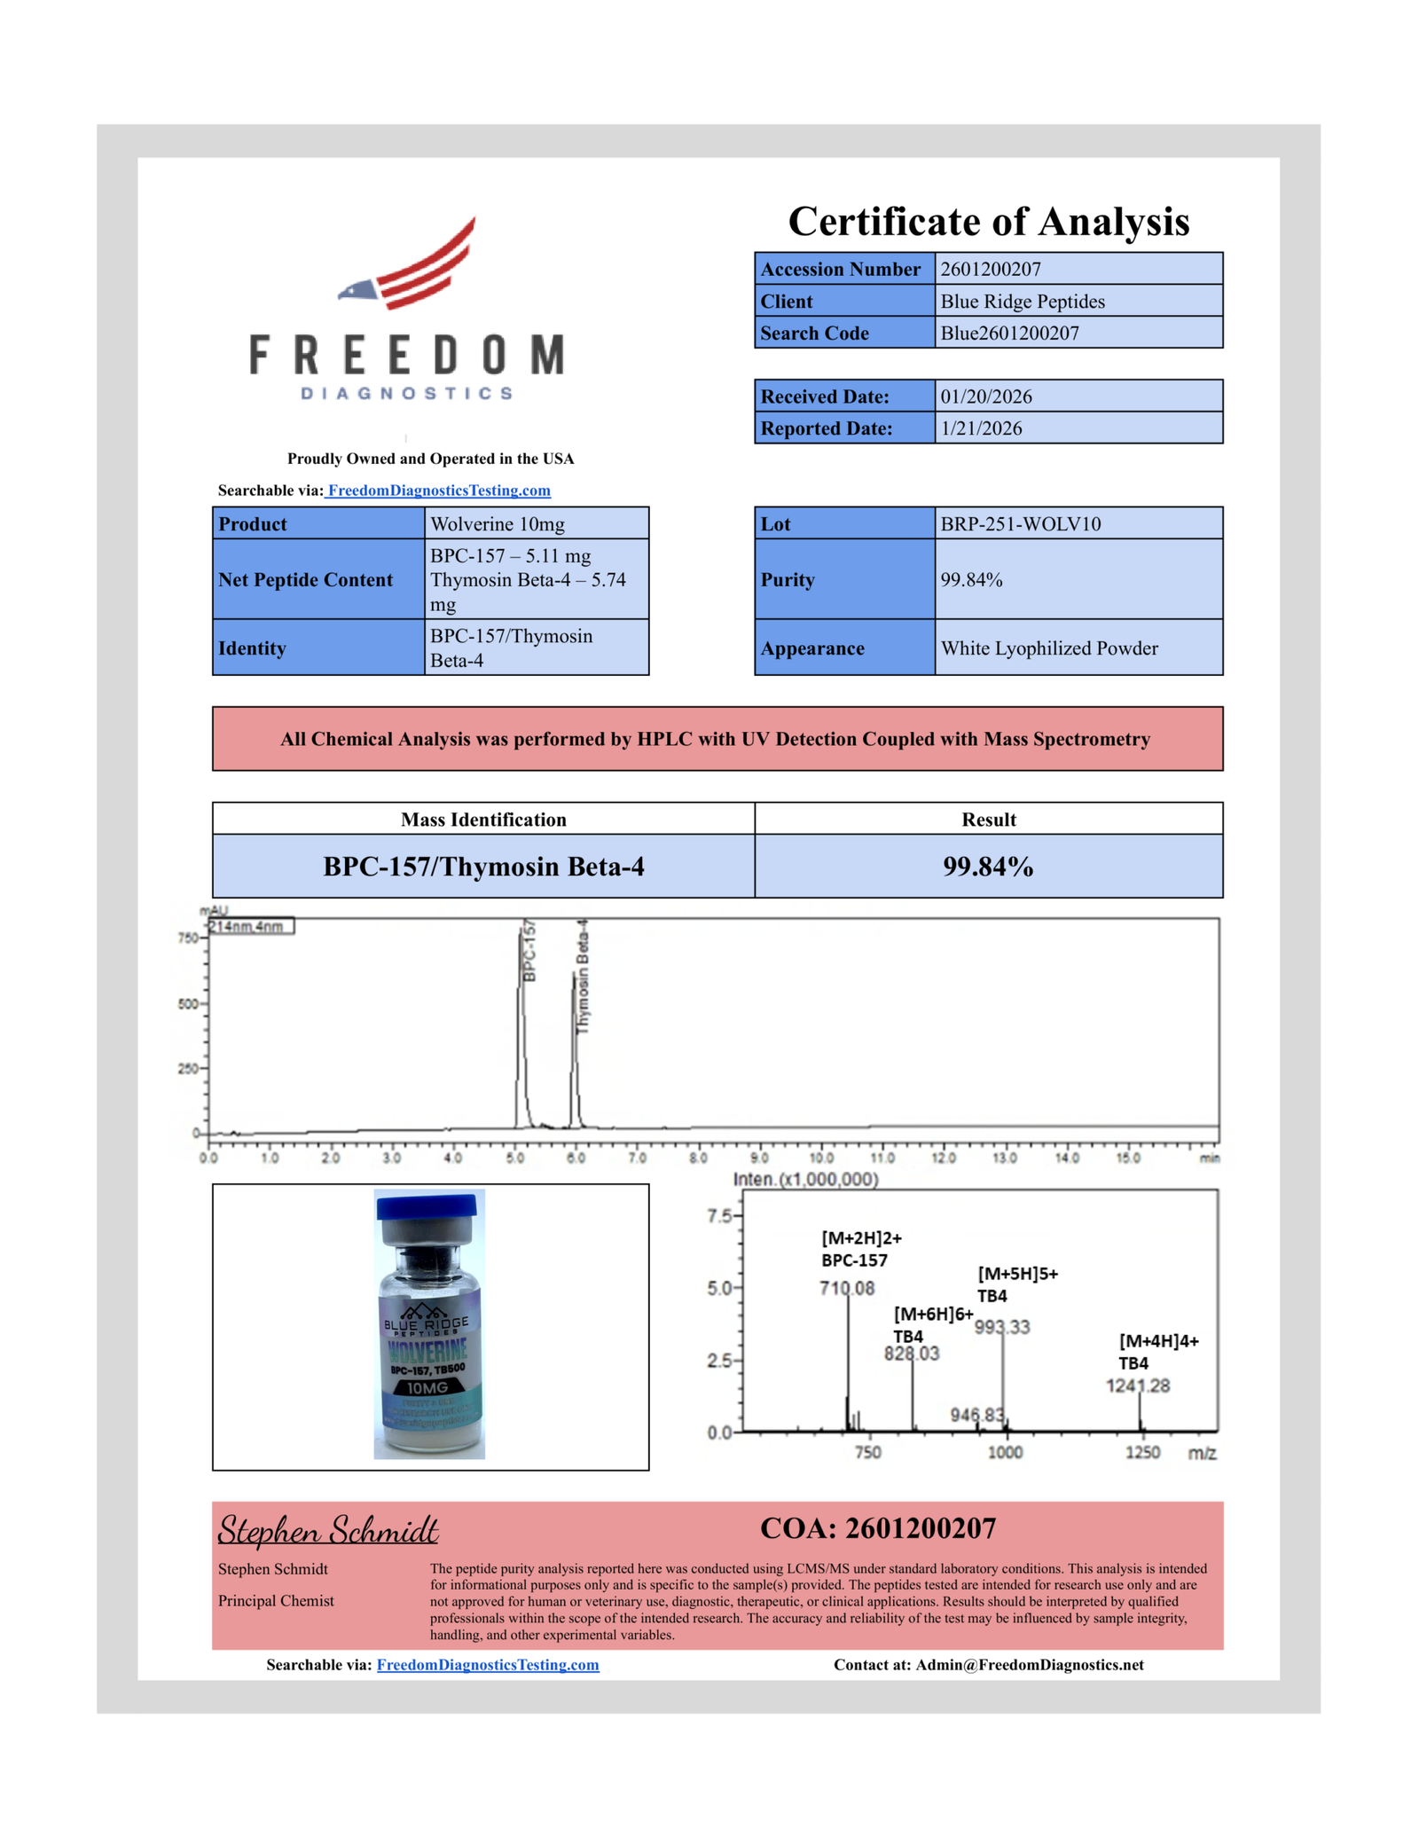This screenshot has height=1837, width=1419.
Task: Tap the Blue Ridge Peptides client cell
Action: [1022, 302]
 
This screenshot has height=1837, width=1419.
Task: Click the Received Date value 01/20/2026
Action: [986, 396]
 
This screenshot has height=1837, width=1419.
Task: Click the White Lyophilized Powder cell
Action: [1048, 648]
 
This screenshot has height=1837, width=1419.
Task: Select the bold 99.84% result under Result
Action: [987, 867]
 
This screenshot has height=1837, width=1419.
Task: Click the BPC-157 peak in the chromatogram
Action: [521, 1020]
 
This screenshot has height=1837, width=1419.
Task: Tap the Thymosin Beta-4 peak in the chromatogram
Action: [575, 1047]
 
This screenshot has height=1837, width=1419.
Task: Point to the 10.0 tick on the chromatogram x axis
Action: [821, 1158]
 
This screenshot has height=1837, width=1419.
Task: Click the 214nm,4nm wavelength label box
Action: [249, 927]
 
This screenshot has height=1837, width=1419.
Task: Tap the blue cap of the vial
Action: [427, 1207]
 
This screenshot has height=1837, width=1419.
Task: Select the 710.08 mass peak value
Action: [847, 1288]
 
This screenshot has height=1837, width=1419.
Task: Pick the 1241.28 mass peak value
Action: [1138, 1386]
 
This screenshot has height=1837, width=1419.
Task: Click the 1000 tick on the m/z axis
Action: [1005, 1452]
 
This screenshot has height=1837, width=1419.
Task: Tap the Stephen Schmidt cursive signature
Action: [328, 1531]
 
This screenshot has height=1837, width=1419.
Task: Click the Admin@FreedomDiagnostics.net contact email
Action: [1029, 1665]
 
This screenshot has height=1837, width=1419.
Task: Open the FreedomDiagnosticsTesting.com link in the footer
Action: [488, 1665]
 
